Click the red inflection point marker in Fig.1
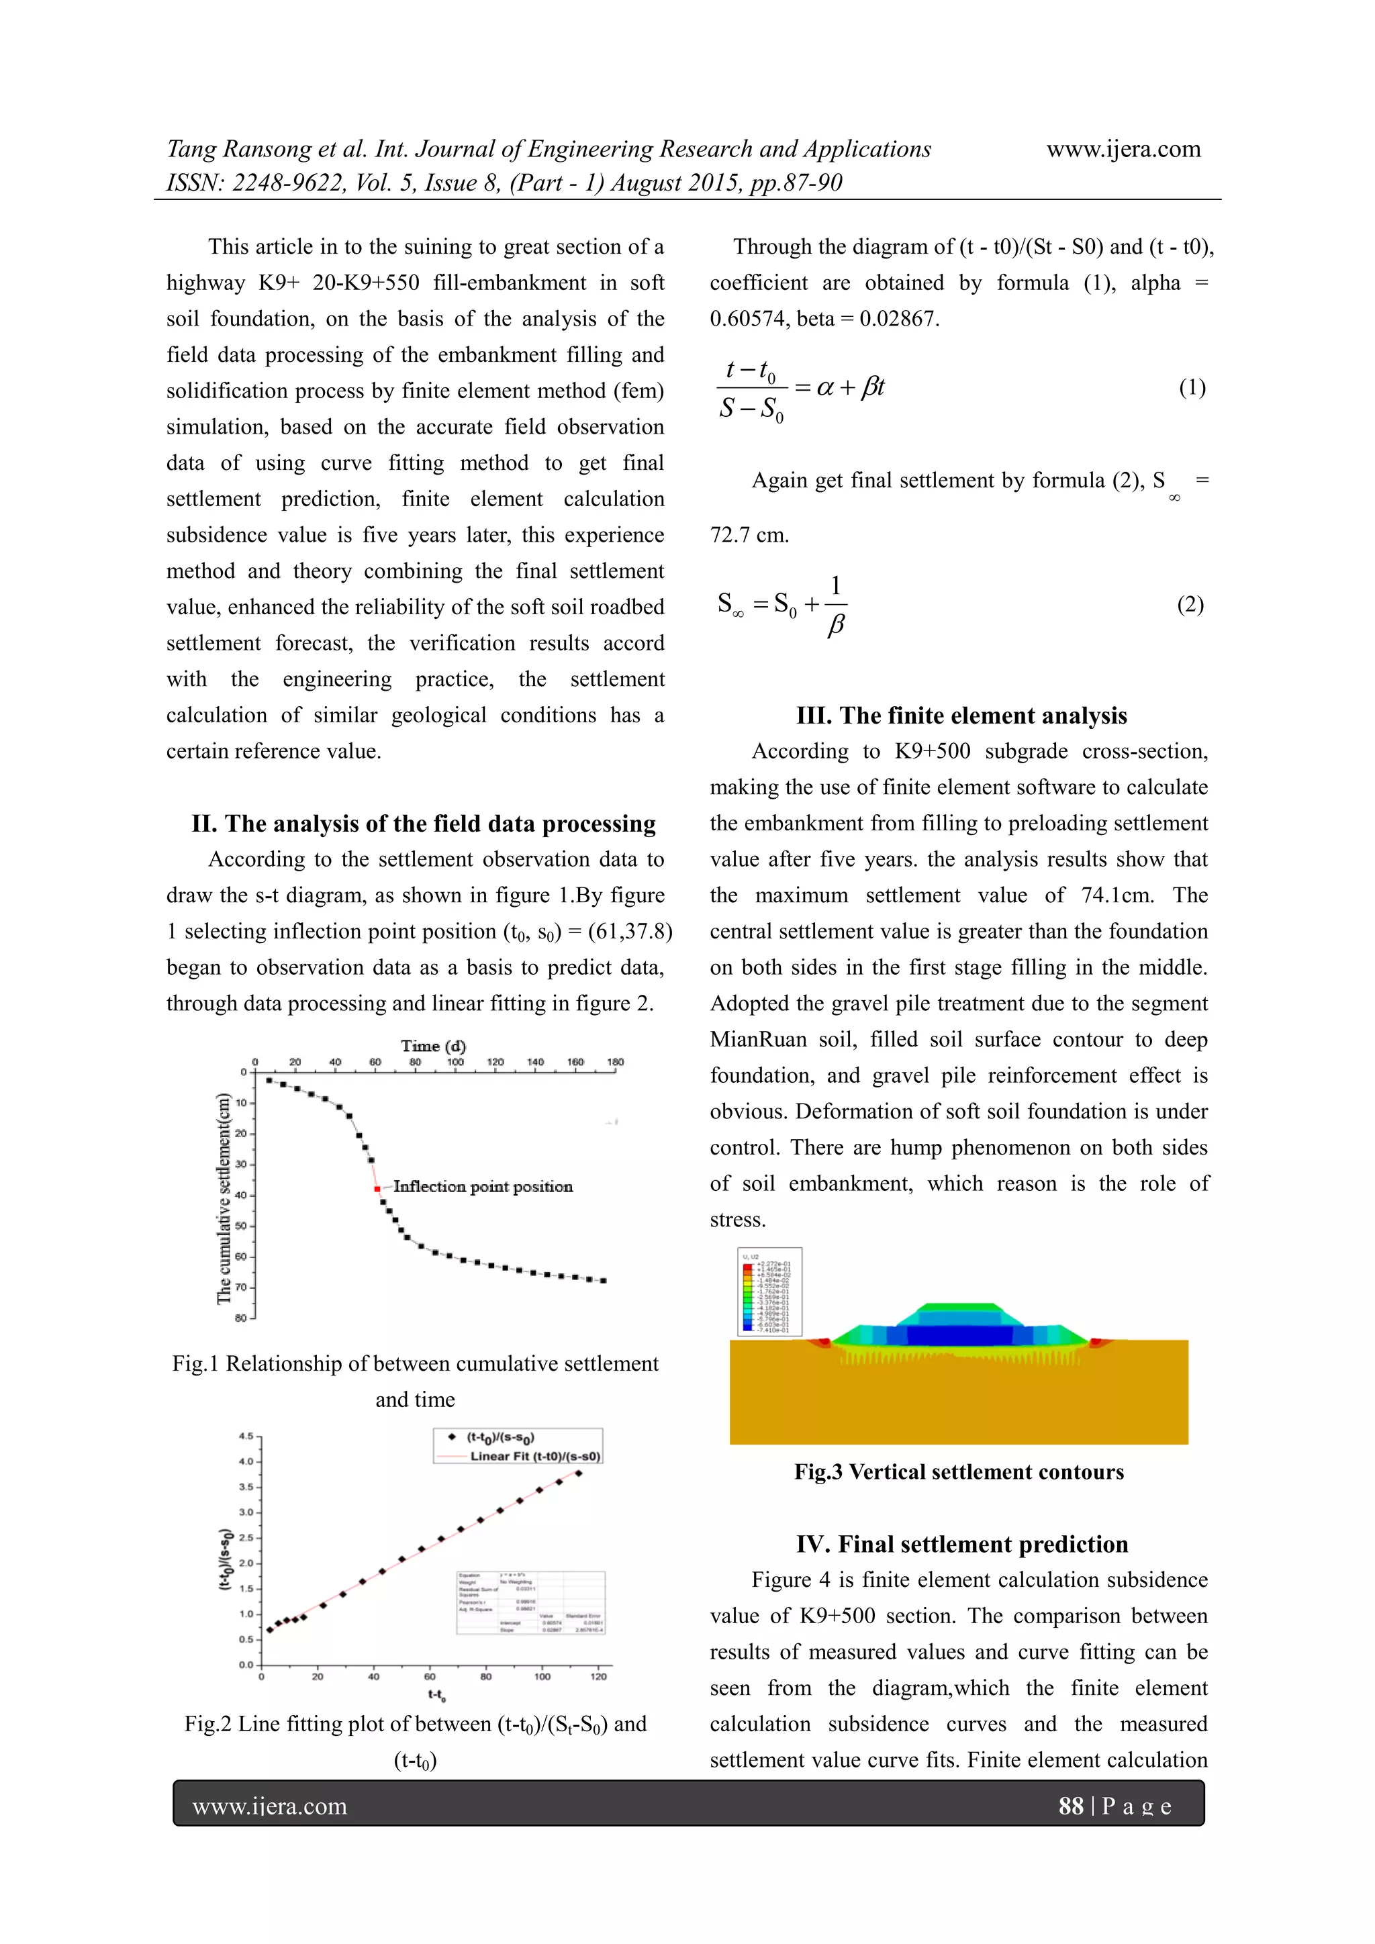click(x=377, y=1189)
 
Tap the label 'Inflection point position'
click(x=483, y=1187)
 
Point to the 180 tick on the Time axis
click(x=616, y=1062)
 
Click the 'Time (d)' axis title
click(x=434, y=1046)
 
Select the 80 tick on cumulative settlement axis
click(x=241, y=1318)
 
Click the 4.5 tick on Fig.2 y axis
click(x=246, y=1437)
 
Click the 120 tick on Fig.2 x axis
click(x=599, y=1676)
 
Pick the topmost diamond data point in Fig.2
click(x=578, y=1473)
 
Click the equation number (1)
click(x=1192, y=388)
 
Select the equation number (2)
click(x=1190, y=605)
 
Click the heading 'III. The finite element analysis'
click(x=961, y=716)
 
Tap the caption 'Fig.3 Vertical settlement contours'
click(x=959, y=1471)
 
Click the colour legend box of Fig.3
click(x=769, y=1292)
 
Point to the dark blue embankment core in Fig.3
click(x=959, y=1335)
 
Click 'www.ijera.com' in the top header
click(x=1123, y=150)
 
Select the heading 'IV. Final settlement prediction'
click(x=962, y=1545)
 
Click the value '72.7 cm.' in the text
click(x=749, y=535)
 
